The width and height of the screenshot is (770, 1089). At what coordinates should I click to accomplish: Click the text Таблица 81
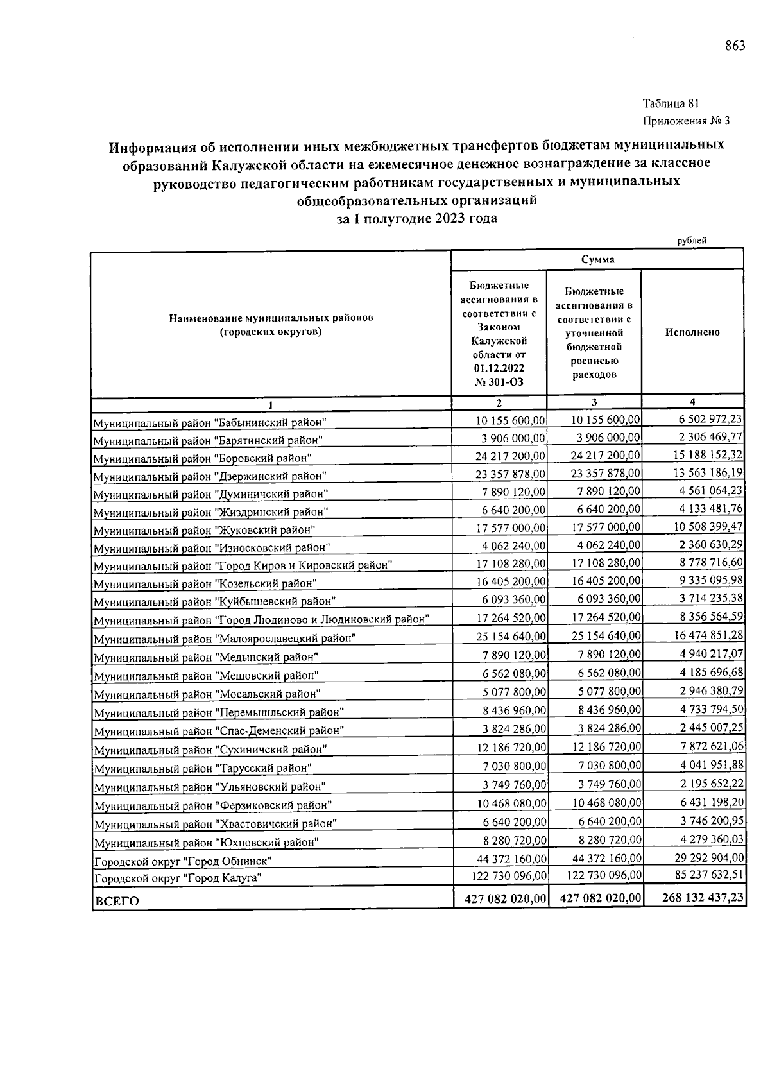671,103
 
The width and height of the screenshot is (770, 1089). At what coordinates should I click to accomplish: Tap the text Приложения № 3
686,121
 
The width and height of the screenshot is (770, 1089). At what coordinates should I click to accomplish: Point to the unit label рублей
692,241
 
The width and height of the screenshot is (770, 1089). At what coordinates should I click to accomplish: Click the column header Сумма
597,260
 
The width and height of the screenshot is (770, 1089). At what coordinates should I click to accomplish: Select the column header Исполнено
692,332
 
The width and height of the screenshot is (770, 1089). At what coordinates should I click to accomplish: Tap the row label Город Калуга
178,878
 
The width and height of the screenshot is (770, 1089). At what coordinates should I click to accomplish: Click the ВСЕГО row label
116,901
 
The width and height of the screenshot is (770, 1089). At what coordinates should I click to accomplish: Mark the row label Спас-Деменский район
219,731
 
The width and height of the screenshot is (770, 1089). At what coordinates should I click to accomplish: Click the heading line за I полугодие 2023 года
416,218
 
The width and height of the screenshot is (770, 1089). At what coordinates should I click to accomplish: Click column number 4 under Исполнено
692,402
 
